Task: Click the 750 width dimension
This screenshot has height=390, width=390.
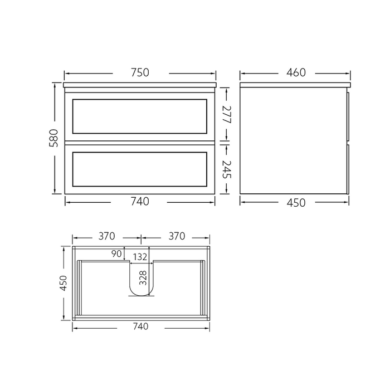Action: coord(140,73)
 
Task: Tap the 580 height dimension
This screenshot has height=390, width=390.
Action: coord(53,139)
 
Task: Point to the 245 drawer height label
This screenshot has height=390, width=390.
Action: coord(226,168)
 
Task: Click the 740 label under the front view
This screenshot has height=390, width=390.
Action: coord(140,202)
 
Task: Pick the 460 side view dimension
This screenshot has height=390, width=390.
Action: coord(295,73)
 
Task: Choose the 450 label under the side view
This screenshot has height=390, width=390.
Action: coord(295,203)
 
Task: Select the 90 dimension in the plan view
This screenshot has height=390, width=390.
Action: coord(116,254)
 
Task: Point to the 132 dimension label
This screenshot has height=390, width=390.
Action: coord(140,256)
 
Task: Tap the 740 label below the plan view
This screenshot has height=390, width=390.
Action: coord(142,327)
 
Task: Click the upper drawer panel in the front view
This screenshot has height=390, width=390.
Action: coord(140,116)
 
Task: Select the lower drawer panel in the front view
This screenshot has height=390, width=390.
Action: coord(140,169)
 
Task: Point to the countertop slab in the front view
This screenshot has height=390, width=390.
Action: coord(140,86)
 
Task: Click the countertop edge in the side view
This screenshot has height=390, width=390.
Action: coord(295,86)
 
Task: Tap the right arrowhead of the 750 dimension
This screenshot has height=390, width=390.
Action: coord(213,73)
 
